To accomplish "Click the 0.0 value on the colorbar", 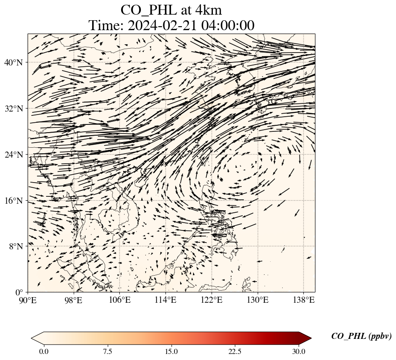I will (x=44, y=351).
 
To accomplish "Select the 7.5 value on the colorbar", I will (x=107, y=351).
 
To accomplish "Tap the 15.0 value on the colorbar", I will (x=171, y=351).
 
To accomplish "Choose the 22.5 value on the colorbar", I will (x=235, y=351).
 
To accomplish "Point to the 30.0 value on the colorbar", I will (x=299, y=351).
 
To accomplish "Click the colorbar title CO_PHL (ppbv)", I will (x=361, y=336).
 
